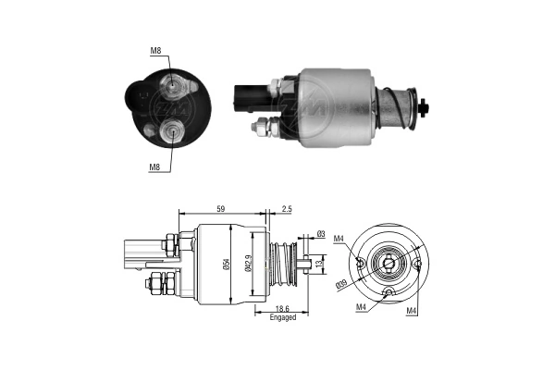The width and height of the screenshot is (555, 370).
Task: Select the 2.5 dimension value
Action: click(288, 209)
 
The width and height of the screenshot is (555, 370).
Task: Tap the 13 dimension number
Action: click(319, 265)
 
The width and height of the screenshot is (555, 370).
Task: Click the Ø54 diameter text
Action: click(228, 265)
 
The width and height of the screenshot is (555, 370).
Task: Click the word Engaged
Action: click(283, 316)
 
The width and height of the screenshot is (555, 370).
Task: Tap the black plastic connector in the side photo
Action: click(246, 95)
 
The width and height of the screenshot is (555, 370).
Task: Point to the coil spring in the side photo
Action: click(399, 105)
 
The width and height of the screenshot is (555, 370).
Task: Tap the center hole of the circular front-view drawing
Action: click(389, 266)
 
